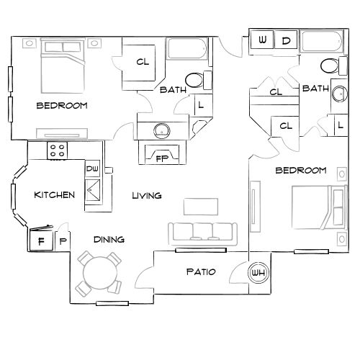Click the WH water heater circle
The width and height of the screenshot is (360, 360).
point(258,273)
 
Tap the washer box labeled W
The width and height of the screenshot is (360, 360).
point(262,40)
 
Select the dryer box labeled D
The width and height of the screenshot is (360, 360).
point(286,40)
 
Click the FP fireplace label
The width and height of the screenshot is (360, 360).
point(162,158)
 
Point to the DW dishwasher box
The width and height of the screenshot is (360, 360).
point(92,168)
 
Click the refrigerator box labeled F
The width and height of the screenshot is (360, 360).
point(40,240)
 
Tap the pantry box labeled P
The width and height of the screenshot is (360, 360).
point(62,240)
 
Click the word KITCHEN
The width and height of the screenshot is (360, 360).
point(55,195)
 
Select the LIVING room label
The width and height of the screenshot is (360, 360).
point(146,195)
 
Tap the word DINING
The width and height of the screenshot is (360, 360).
point(109,240)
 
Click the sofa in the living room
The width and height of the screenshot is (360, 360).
point(202,232)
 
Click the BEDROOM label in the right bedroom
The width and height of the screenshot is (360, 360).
point(301,171)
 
